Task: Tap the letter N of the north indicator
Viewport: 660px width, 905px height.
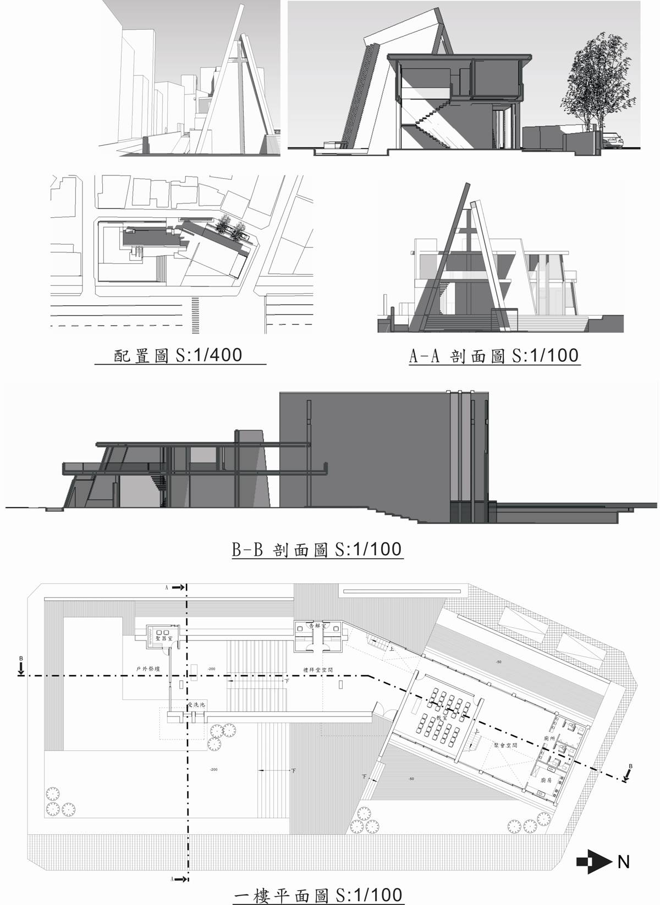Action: pos(623,862)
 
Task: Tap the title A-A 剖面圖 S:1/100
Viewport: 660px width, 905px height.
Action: pos(493,356)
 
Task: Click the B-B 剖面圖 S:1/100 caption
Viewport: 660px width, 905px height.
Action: pos(316,549)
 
